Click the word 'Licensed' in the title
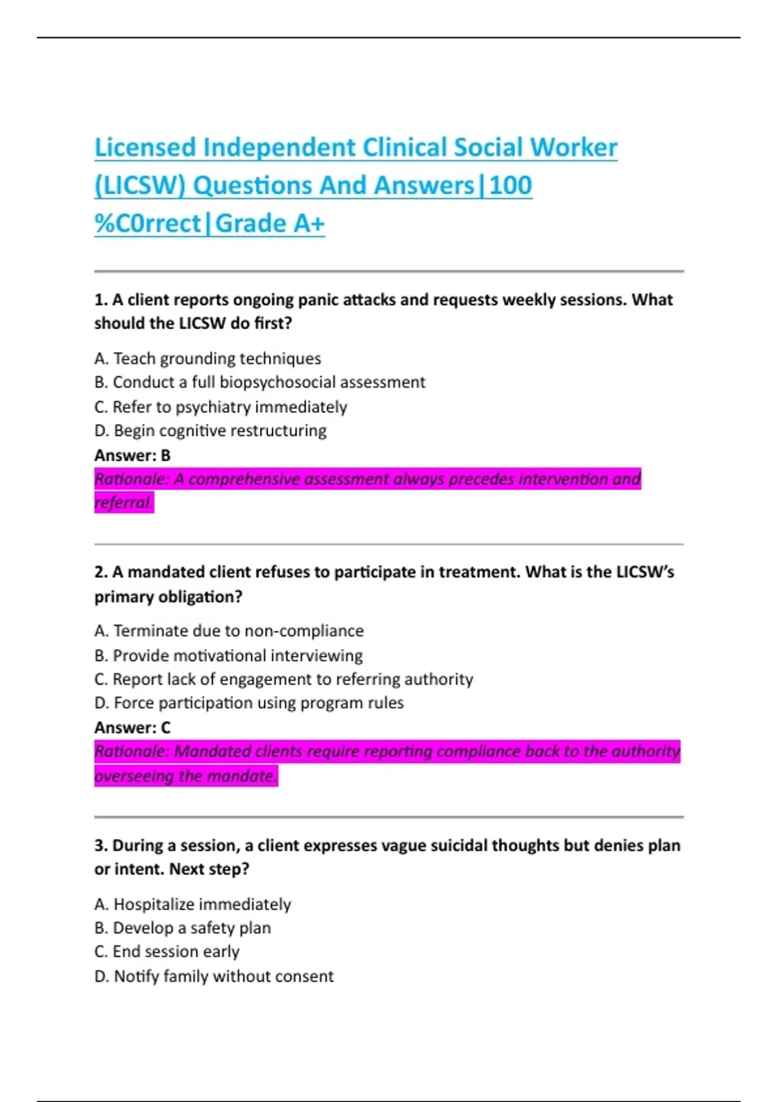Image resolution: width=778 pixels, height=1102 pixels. pos(145,147)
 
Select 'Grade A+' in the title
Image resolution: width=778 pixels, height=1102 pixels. pos(270,224)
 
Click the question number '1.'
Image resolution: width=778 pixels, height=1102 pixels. pos(100,299)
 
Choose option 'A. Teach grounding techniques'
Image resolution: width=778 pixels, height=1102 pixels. pos(207,358)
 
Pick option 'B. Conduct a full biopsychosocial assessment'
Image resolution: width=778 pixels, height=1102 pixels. pos(259,382)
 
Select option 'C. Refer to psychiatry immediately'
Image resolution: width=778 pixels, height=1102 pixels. pos(220,407)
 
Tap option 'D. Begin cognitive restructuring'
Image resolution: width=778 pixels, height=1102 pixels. pos(210,431)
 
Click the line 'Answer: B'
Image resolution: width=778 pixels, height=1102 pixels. pos(132,456)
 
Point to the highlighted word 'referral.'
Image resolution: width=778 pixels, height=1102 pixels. pos(124,502)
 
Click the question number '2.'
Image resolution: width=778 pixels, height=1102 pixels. pos(100,572)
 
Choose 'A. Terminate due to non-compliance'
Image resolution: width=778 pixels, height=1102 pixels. pos(229,631)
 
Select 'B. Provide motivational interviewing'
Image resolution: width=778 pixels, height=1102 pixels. pos(228,655)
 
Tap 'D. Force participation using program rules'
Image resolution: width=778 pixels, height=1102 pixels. pos(249,703)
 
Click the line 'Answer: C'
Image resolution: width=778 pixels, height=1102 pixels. pos(132,728)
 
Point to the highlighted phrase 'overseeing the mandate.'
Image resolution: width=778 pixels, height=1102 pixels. pos(186,776)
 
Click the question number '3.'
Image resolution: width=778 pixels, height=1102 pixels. pos(100,845)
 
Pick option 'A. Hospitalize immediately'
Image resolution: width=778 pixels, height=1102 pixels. pos(193,904)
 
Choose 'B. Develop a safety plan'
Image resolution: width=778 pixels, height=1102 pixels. pos(182,928)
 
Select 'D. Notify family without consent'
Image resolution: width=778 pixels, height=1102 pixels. pos(214,976)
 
